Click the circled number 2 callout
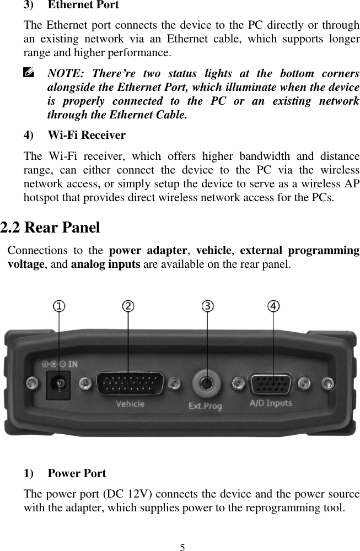128,305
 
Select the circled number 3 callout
207,305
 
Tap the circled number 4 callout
273,305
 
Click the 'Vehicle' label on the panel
130,404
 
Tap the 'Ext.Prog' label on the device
206,407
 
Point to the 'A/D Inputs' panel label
271,404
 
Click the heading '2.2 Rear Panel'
50,228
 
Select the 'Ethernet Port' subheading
83,6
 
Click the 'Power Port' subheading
77,473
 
